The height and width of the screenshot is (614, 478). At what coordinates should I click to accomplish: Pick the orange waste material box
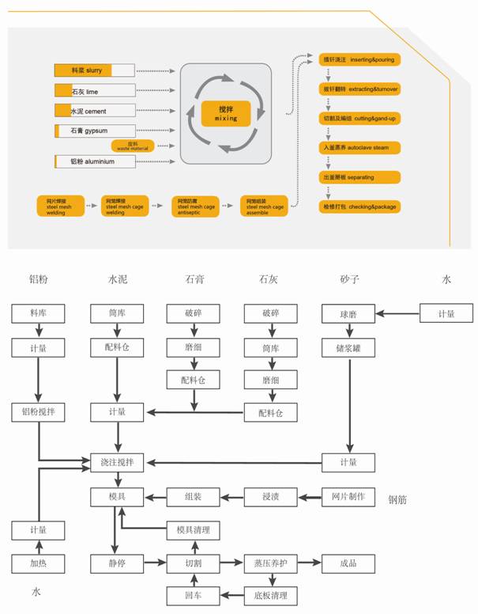point(133,146)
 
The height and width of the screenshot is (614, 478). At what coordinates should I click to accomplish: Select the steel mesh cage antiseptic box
point(195,206)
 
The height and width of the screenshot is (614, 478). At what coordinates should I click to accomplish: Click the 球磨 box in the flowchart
point(348,313)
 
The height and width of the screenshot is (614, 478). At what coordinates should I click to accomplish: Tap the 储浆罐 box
point(348,347)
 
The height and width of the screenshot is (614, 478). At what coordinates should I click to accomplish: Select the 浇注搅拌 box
point(117,461)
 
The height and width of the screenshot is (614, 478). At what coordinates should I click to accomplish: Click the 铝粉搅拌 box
point(38,411)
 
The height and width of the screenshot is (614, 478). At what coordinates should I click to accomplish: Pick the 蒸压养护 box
point(270,563)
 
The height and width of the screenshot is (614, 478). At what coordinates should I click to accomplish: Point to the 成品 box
point(348,563)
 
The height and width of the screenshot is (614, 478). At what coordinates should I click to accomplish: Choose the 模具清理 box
point(194,530)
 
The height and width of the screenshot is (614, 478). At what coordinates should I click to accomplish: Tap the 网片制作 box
point(348,498)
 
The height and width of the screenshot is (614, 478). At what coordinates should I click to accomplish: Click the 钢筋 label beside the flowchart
point(399,500)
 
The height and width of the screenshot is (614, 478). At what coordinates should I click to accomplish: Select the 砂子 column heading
point(348,279)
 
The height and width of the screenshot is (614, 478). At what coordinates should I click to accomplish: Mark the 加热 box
point(38,563)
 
